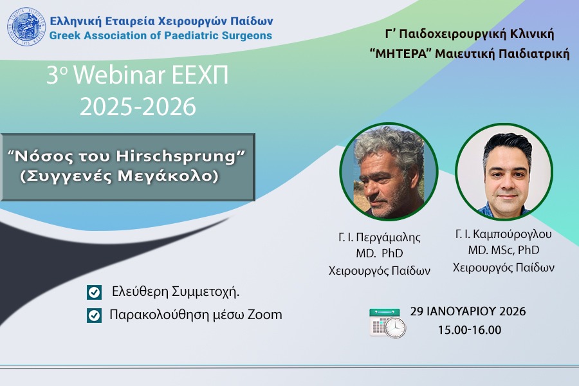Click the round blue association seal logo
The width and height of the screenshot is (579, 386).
click(26, 26)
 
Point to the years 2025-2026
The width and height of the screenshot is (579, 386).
click(138, 107)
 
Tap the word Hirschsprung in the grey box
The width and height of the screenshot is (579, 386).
click(176, 156)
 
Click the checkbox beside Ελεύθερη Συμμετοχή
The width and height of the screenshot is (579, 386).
click(94, 292)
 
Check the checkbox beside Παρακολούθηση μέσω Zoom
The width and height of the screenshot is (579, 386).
click(94, 315)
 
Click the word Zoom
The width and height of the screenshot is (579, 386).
click(264, 315)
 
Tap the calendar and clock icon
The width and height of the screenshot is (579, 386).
click(387, 323)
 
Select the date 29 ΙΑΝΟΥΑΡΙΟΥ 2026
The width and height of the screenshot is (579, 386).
click(468, 311)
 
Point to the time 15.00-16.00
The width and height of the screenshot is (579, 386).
click(470, 330)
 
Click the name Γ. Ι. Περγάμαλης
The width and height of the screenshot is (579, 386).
click(380, 237)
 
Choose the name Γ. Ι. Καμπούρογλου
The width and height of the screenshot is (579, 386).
click(503, 234)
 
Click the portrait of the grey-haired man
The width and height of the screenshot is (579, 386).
click(389, 172)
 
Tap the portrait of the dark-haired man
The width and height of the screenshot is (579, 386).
click(504, 172)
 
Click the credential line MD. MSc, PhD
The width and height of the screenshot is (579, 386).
click(503, 250)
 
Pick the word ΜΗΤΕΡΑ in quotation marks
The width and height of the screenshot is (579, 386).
click(401, 54)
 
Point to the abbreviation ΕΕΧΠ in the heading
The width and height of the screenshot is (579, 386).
click(200, 75)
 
